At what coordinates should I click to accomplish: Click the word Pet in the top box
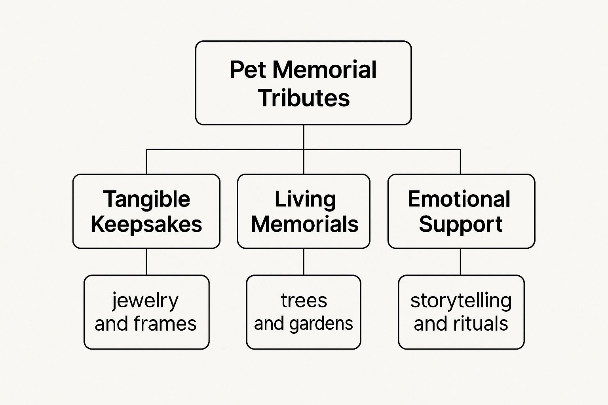(248, 70)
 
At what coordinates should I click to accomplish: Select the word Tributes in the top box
(304, 98)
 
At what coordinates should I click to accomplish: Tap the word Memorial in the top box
(324, 70)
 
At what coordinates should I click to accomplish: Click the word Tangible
(146, 199)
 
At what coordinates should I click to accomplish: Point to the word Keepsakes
(146, 224)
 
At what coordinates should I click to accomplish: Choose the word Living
(305, 199)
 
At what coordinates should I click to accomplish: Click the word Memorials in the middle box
(305, 224)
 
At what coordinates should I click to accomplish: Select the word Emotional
(459, 199)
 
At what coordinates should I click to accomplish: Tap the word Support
(460, 224)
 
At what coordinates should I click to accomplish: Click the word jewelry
(145, 301)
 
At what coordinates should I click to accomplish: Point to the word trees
(304, 301)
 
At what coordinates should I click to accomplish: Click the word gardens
(321, 324)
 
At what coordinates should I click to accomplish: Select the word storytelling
(461, 301)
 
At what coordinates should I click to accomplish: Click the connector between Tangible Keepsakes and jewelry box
(146, 262)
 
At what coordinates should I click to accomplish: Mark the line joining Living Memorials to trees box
(304, 262)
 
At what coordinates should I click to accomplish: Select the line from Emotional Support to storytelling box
(460, 262)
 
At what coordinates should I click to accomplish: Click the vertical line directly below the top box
(304, 137)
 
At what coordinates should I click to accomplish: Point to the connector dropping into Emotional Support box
(460, 162)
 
